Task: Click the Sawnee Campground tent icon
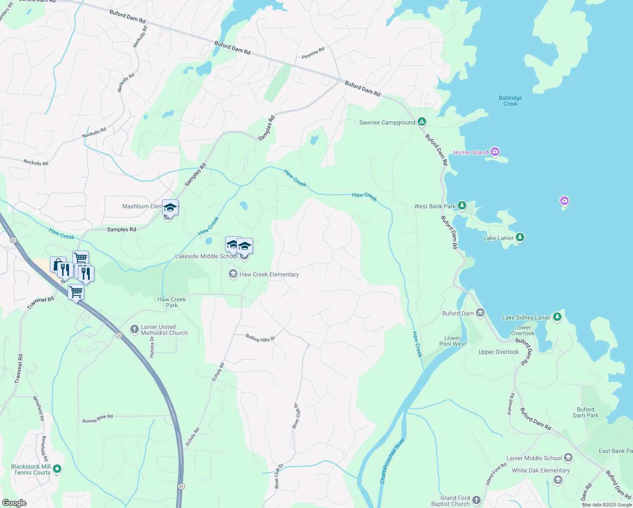(421, 122)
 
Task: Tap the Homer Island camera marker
(495, 152)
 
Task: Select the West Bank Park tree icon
(462, 206)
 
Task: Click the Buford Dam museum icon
(480, 313)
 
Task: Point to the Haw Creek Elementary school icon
(233, 274)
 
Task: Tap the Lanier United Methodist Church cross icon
(134, 329)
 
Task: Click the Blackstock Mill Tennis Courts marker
(58, 469)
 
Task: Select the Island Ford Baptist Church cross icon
(476, 500)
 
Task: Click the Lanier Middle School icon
(568, 458)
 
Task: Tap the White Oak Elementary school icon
(558, 480)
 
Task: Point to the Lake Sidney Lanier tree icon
(557, 317)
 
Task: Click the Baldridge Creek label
(510, 101)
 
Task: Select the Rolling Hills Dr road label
(260, 338)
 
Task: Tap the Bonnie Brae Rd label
(97, 419)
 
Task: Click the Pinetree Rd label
(313, 53)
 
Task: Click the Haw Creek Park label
(172, 302)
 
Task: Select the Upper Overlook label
(498, 352)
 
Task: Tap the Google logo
(14, 503)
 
